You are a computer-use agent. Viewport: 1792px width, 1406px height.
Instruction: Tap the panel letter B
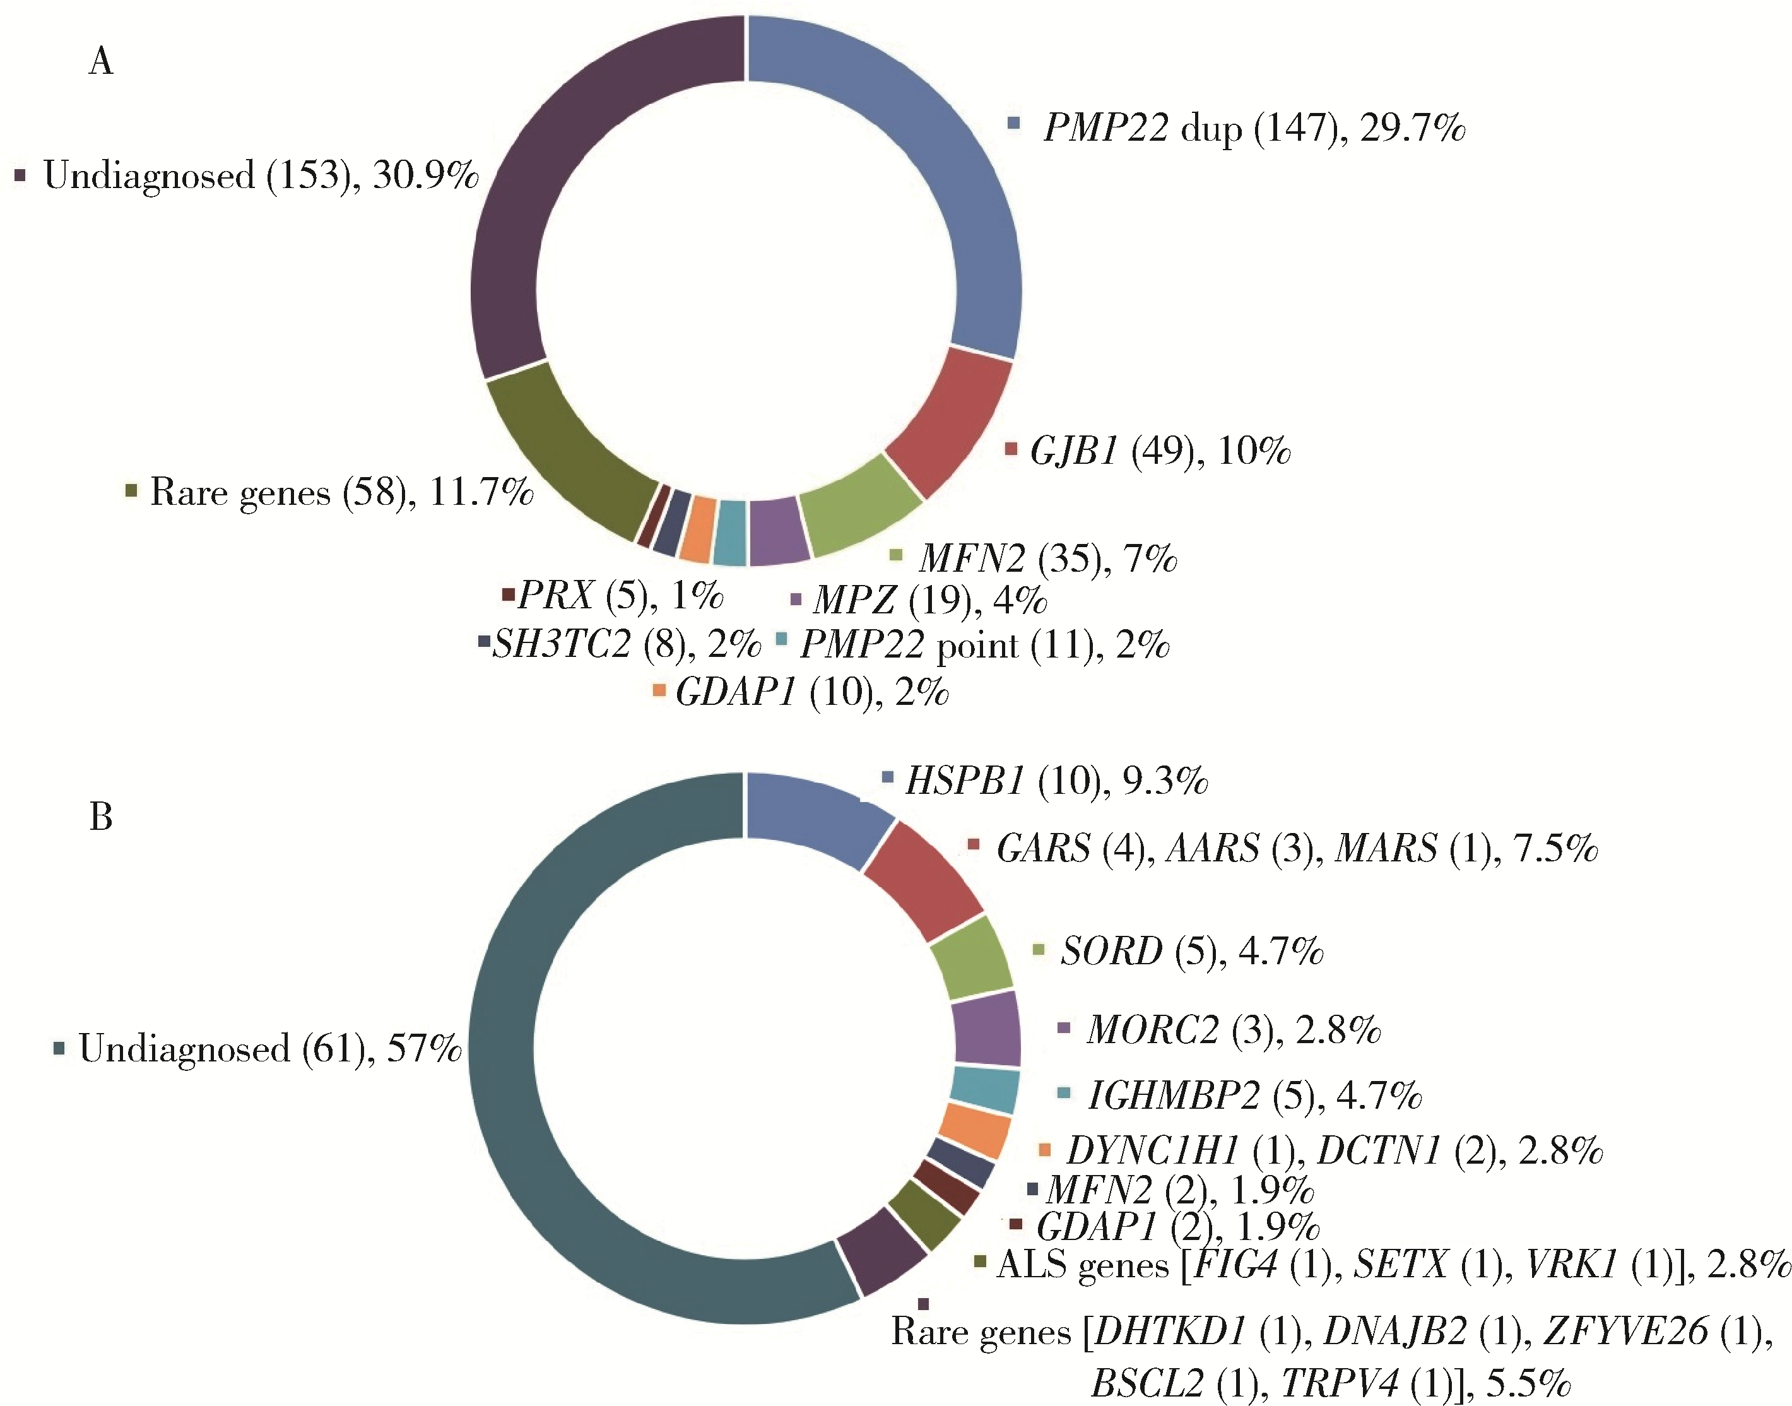point(100,817)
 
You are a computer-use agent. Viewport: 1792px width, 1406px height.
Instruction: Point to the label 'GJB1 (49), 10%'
point(1160,451)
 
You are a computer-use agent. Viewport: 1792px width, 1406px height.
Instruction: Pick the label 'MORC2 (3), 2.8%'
point(1232,1030)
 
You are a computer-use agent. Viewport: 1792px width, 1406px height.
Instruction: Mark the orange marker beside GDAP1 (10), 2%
point(659,690)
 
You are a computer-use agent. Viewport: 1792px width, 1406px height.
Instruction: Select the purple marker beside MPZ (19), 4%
point(795,598)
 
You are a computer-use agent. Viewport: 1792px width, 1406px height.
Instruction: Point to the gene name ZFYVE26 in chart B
point(1624,1331)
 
